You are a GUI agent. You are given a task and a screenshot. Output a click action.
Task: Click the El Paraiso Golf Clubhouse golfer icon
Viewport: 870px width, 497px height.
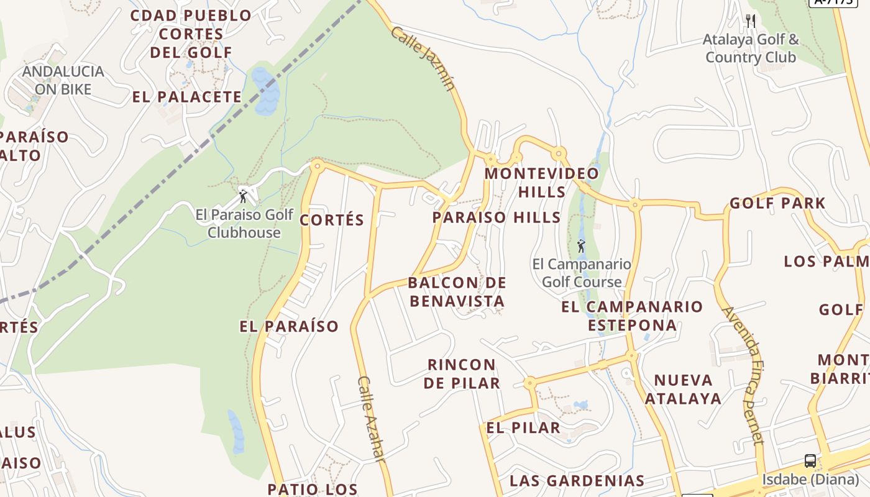click(x=243, y=196)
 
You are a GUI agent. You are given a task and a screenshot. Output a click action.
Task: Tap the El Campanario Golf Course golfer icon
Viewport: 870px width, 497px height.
click(x=581, y=246)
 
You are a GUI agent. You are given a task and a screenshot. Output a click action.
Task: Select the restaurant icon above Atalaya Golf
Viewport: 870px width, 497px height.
click(x=751, y=21)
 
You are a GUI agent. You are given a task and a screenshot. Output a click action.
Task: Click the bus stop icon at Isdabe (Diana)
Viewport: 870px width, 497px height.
click(x=810, y=461)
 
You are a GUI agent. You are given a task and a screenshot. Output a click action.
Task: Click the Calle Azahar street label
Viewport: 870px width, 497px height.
click(x=372, y=418)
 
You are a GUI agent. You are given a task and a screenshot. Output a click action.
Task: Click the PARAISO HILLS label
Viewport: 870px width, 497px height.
click(x=497, y=217)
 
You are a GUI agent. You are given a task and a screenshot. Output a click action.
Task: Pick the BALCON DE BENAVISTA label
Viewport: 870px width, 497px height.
click(x=457, y=292)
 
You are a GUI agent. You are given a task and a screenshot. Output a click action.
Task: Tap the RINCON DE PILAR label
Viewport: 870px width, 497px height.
click(x=462, y=373)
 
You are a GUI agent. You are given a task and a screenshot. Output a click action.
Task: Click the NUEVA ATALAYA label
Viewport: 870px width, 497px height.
click(x=683, y=389)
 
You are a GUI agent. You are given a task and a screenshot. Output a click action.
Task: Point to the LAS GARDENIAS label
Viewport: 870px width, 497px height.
click(x=577, y=480)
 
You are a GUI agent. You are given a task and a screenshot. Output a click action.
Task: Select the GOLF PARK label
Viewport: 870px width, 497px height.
click(x=777, y=203)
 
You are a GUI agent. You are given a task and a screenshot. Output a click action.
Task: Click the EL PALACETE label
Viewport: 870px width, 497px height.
click(x=187, y=97)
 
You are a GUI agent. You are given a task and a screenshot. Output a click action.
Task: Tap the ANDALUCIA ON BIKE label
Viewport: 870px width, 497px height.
click(x=63, y=80)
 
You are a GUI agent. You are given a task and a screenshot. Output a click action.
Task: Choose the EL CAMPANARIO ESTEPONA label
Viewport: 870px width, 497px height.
click(x=632, y=316)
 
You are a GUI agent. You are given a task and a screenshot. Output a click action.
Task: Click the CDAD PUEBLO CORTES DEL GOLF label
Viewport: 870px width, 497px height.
click(x=191, y=34)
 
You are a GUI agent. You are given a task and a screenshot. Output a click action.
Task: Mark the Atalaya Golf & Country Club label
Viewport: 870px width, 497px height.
click(x=751, y=48)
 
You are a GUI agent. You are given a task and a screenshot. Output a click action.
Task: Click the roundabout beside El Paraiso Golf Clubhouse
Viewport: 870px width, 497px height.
click(x=318, y=165)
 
